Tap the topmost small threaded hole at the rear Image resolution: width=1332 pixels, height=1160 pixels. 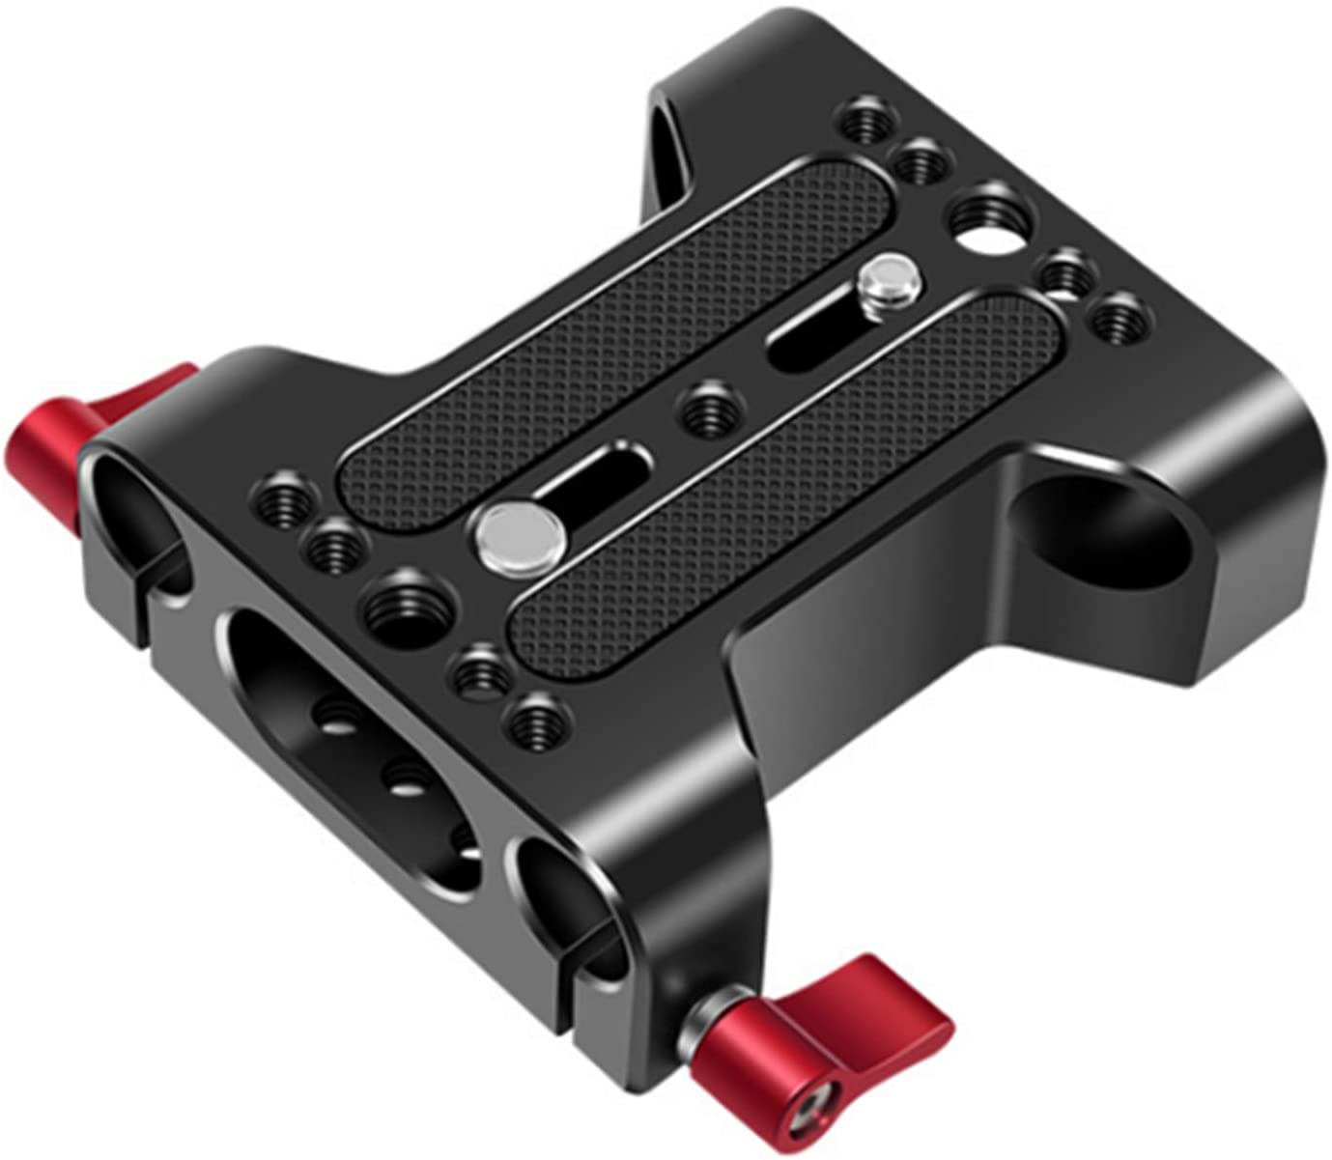[862, 124]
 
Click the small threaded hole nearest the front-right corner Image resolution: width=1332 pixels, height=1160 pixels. [533, 721]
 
